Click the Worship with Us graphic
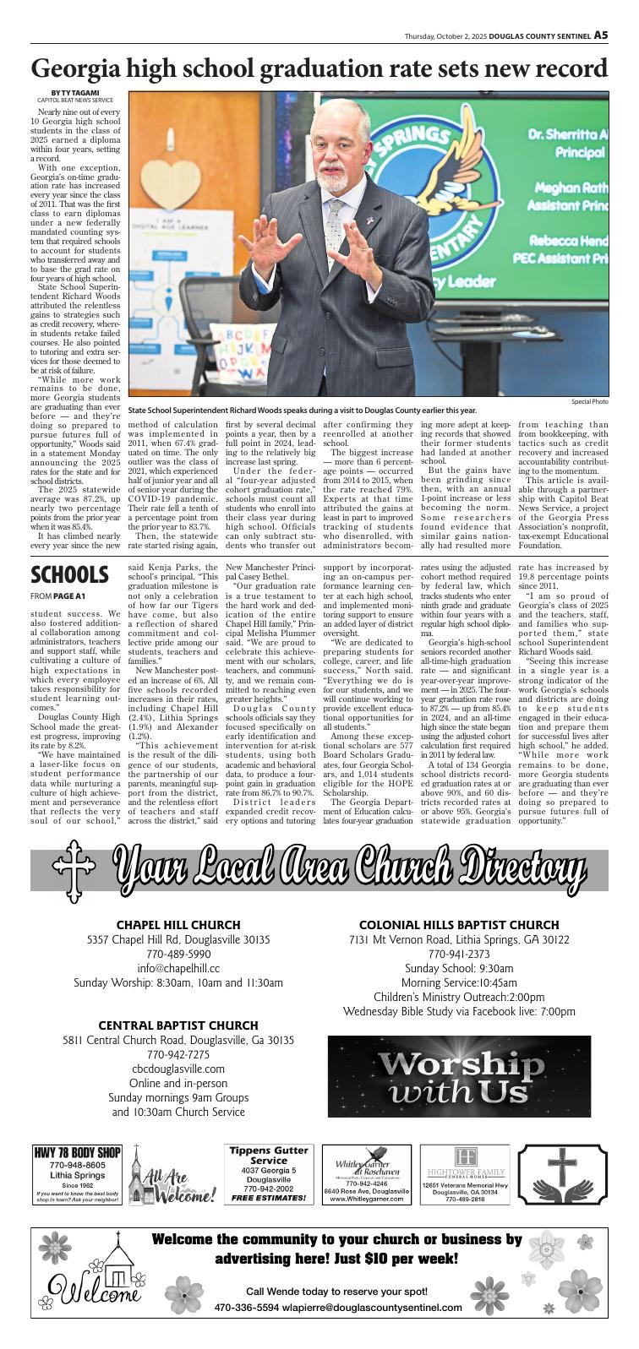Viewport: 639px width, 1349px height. [x=460, y=1076]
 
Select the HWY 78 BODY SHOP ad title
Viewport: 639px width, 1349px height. [x=78, y=1152]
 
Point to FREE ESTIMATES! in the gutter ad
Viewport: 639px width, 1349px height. [x=268, y=1198]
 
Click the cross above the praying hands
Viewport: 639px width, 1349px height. [x=565, y=1163]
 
